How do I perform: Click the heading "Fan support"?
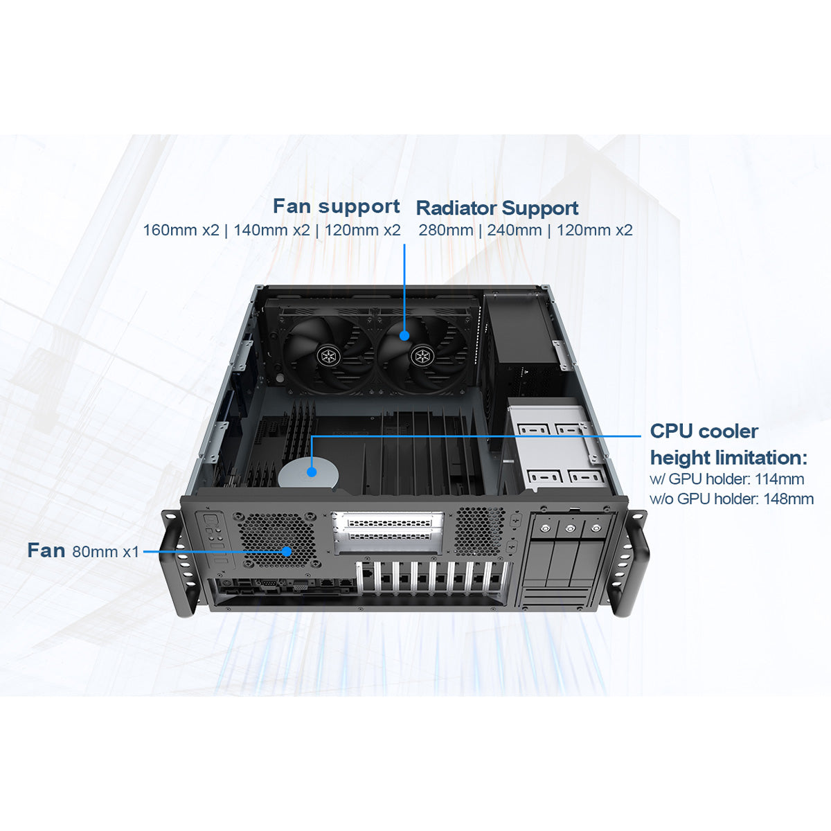point(336,206)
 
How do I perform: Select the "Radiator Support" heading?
point(497,208)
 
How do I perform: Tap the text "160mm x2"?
point(181,230)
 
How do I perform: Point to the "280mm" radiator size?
point(446,230)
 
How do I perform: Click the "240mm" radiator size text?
point(515,230)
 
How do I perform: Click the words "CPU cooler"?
point(704,431)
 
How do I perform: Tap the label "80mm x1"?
point(105,552)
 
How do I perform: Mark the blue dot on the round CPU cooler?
point(312,472)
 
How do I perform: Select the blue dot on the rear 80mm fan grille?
point(286,552)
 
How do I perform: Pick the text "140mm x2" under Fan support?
point(271,230)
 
